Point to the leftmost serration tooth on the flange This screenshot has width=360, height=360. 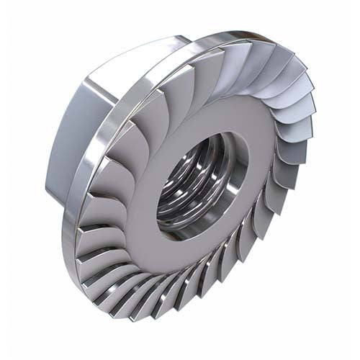[x=90, y=216]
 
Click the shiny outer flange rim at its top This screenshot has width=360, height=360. [x=216, y=37]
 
